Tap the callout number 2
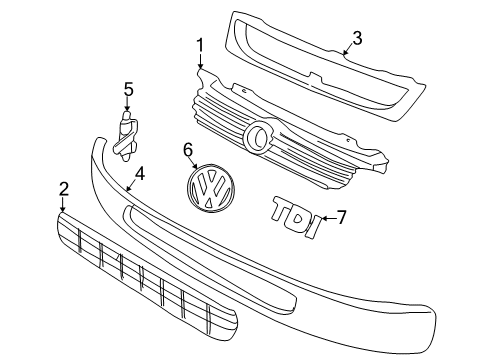click(x=63, y=189)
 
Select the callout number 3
click(x=357, y=38)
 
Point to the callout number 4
click(x=140, y=174)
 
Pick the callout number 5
click(x=128, y=90)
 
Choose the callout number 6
click(x=188, y=150)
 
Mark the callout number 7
click(x=341, y=217)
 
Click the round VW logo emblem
click(x=211, y=187)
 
